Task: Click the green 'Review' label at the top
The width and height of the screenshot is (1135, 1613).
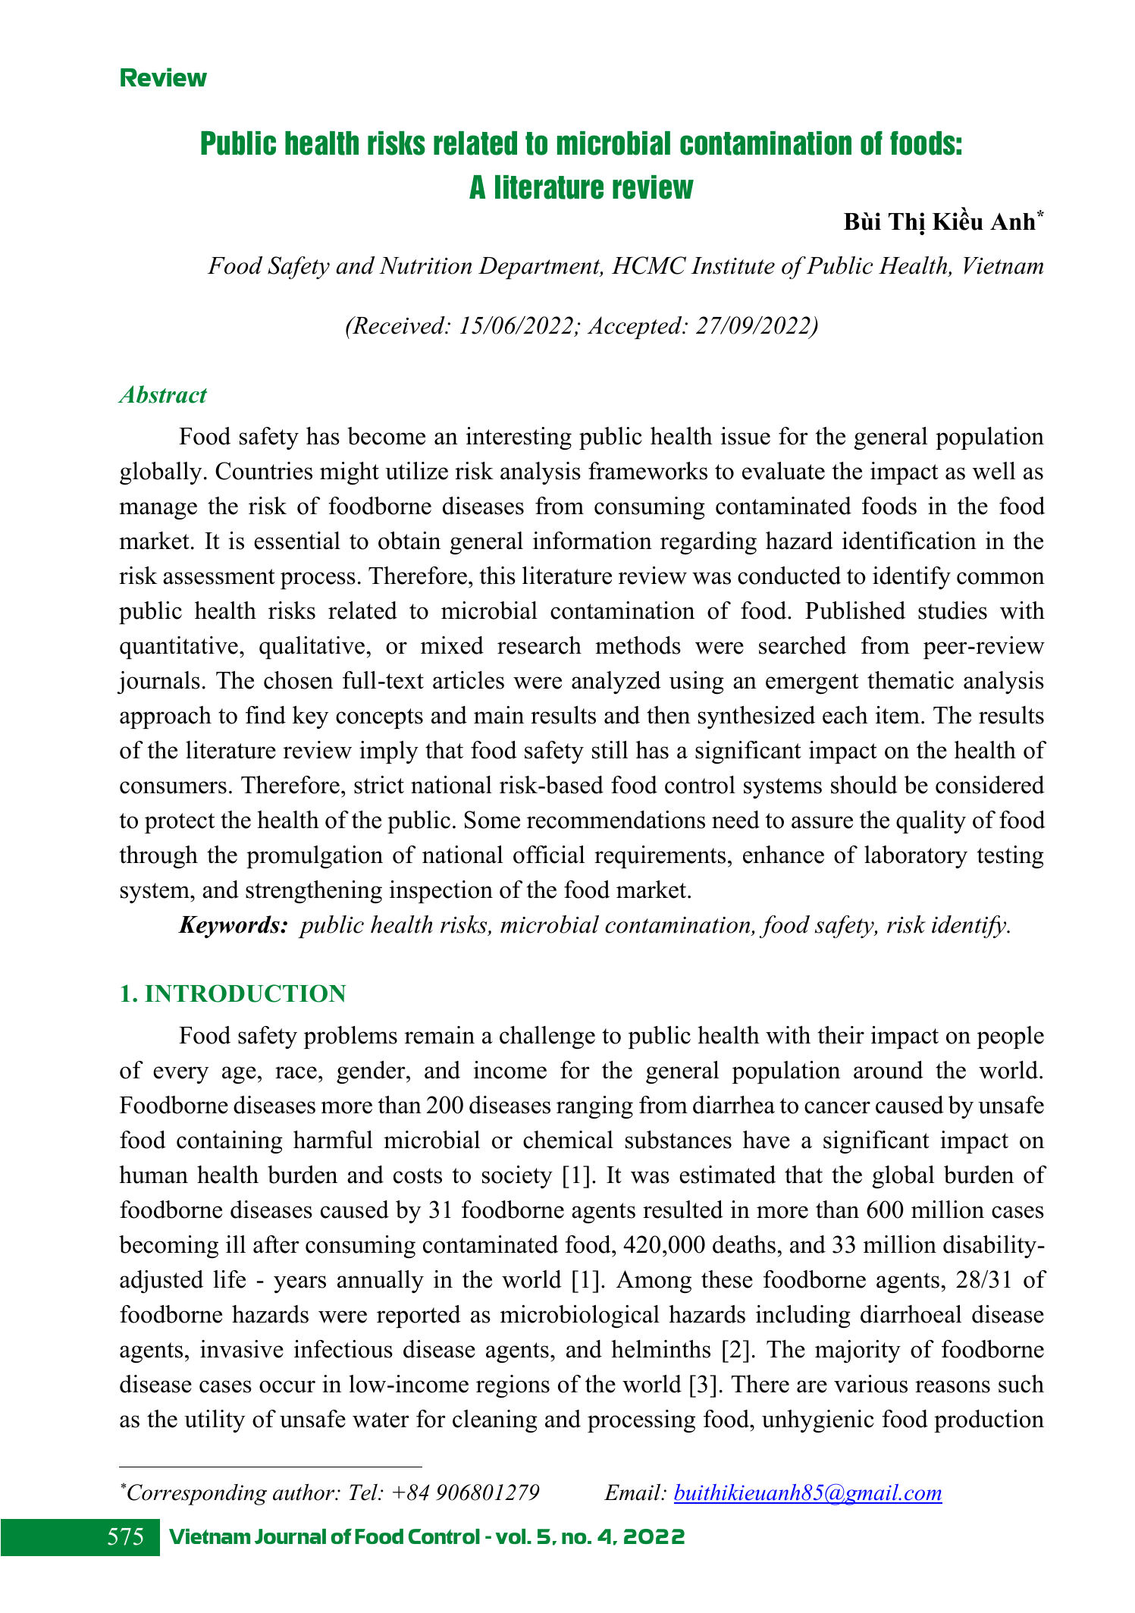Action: click(163, 78)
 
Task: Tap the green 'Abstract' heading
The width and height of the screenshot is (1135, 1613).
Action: click(162, 395)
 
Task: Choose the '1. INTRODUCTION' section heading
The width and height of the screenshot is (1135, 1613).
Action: click(233, 993)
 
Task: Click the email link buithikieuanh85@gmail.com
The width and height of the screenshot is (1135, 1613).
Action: click(807, 1493)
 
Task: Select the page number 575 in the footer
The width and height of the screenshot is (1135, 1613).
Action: click(126, 1537)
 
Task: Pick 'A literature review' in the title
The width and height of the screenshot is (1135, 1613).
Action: click(581, 187)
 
